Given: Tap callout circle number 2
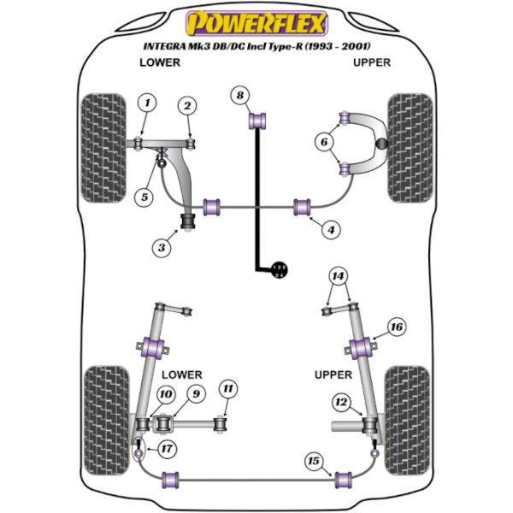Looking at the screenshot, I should [186, 105].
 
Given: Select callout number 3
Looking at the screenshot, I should [160, 248].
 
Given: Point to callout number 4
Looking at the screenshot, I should [330, 228].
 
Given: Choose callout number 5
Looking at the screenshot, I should [144, 198].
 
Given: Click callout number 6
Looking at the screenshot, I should [323, 142].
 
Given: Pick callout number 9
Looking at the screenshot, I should [196, 393].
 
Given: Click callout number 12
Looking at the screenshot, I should [340, 402].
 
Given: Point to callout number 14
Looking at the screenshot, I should [339, 275].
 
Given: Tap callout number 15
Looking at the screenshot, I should [314, 462].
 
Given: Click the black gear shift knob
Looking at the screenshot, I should [279, 269].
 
